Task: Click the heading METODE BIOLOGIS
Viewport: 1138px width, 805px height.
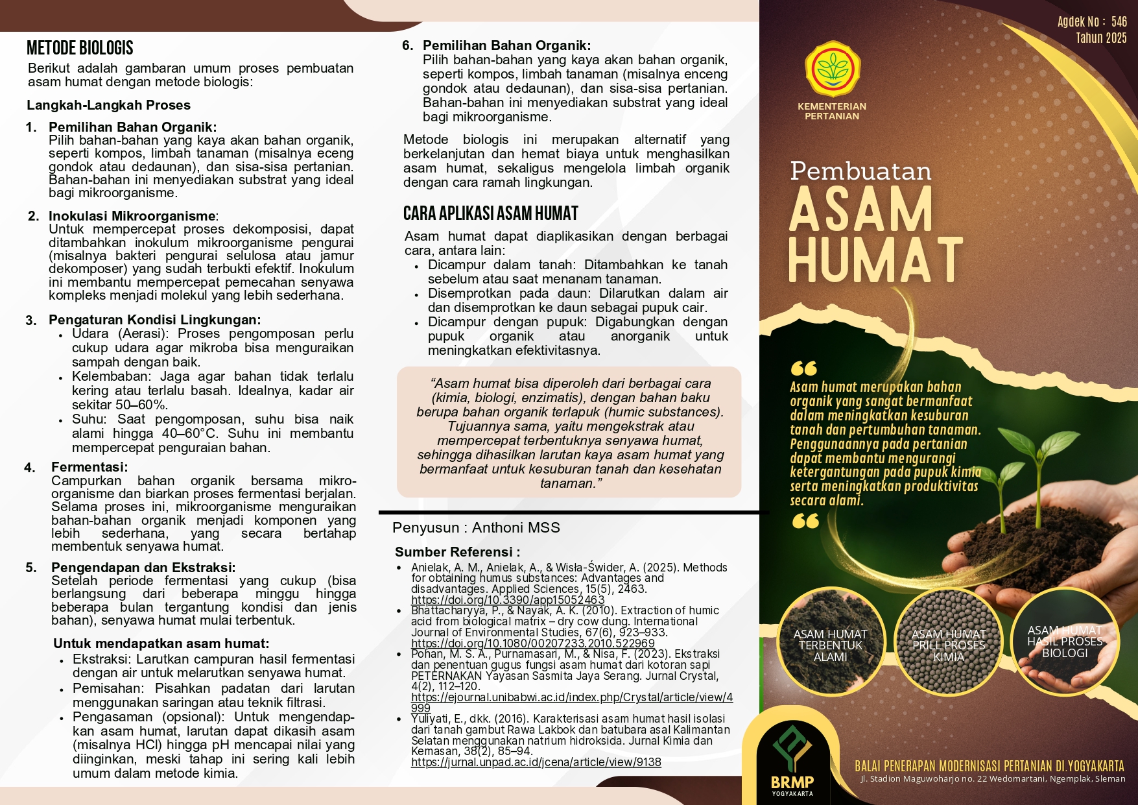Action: tap(80, 48)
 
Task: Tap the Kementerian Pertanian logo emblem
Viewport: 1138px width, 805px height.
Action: tap(832, 70)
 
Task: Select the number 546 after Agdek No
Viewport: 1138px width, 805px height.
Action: tap(1119, 21)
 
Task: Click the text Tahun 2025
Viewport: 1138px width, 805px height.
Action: tap(1101, 38)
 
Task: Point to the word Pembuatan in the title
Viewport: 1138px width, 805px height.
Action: tap(860, 171)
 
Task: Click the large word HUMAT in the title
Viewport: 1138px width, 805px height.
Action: tap(875, 259)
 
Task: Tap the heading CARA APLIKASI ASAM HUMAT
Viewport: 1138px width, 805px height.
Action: tap(490, 213)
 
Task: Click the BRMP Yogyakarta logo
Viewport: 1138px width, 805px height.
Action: tap(792, 759)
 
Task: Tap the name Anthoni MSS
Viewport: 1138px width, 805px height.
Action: tap(516, 528)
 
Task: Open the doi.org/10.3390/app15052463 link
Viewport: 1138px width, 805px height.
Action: tap(508, 601)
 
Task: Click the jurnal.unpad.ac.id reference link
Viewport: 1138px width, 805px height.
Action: tap(536, 763)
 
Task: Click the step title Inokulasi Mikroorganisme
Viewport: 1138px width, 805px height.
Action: tap(132, 216)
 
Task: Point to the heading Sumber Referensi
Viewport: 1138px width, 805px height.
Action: tap(457, 552)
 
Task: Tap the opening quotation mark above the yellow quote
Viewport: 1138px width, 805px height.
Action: tap(803, 368)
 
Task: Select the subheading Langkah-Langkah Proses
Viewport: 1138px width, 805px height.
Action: tap(108, 105)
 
